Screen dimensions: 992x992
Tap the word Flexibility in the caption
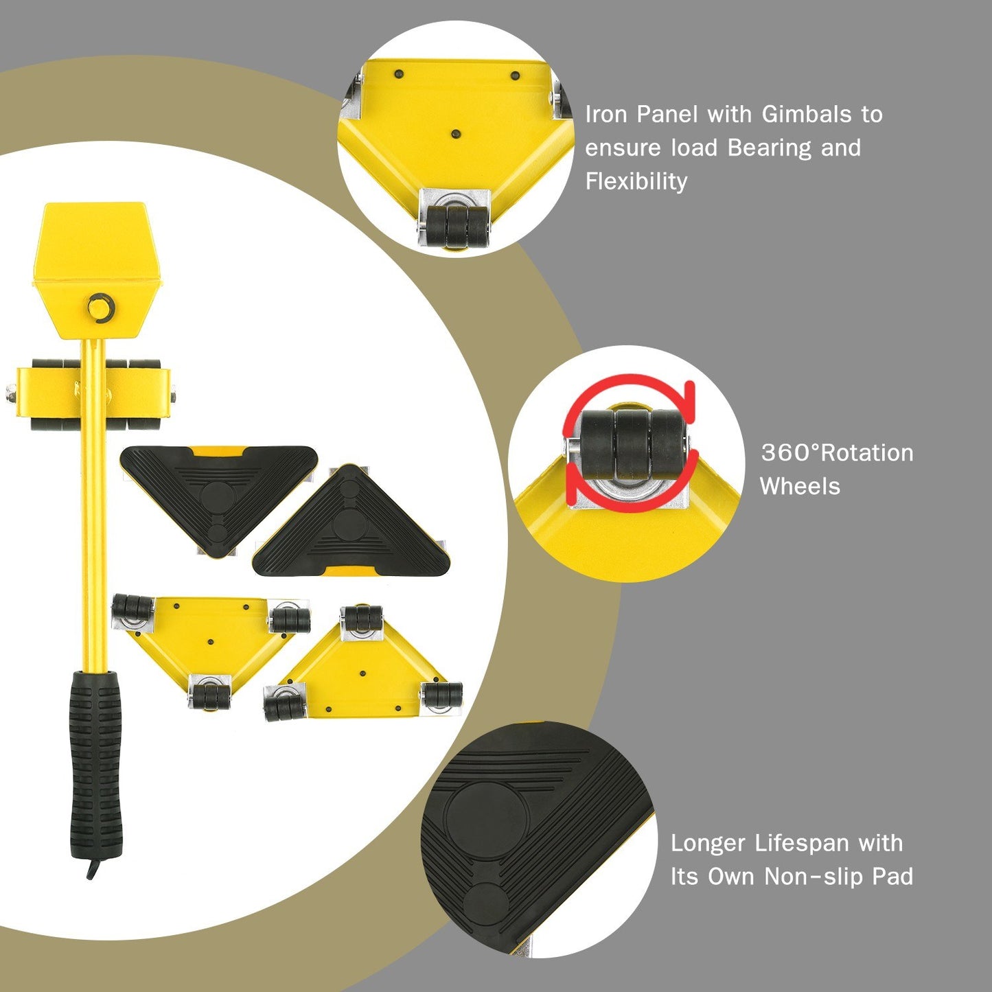pos(636,181)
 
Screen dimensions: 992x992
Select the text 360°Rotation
pos(837,452)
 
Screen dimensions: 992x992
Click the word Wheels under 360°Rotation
pos(800,486)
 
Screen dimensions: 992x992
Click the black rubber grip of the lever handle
pos(95,762)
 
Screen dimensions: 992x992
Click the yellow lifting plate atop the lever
pos(96,240)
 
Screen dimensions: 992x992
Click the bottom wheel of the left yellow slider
pos(210,695)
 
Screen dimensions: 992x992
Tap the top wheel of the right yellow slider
pos(362,618)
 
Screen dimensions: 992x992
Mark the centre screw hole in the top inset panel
pos(455,135)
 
